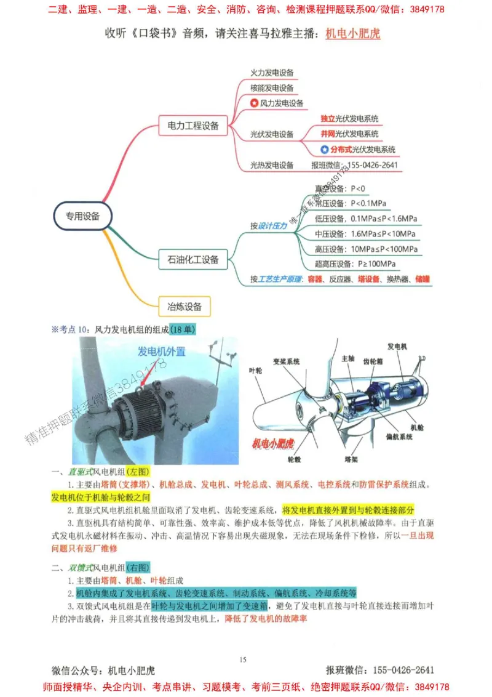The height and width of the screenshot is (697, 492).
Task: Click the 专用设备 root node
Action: pyautogui.click(x=82, y=216)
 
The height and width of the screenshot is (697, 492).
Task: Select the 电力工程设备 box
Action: pyautogui.click(x=193, y=126)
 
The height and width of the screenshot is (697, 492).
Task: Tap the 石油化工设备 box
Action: pyautogui.click(x=193, y=259)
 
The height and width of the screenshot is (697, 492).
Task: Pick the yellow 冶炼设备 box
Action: pyautogui.click(x=184, y=305)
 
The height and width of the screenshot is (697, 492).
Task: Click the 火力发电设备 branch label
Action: pyautogui.click(x=272, y=73)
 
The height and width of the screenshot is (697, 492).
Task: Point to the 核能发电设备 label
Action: pyautogui.click(x=272, y=87)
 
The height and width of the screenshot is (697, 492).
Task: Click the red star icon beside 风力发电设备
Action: pyautogui.click(x=254, y=103)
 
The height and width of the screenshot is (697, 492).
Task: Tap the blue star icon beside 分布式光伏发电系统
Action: pyautogui.click(x=325, y=149)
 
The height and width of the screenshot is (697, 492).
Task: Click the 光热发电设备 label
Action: pyautogui.click(x=272, y=165)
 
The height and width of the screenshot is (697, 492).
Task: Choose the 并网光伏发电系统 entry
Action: pyautogui.click(x=349, y=134)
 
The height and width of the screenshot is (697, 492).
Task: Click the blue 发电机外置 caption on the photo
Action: pyautogui.click(x=162, y=352)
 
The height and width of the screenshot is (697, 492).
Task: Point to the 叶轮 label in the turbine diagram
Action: pyautogui.click(x=255, y=371)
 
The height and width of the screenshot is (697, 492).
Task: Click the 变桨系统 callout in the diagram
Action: pyautogui.click(x=286, y=361)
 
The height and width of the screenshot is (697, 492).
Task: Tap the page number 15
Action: pyautogui.click(x=243, y=660)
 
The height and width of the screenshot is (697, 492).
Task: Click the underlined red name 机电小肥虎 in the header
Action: pyautogui.click(x=352, y=33)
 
